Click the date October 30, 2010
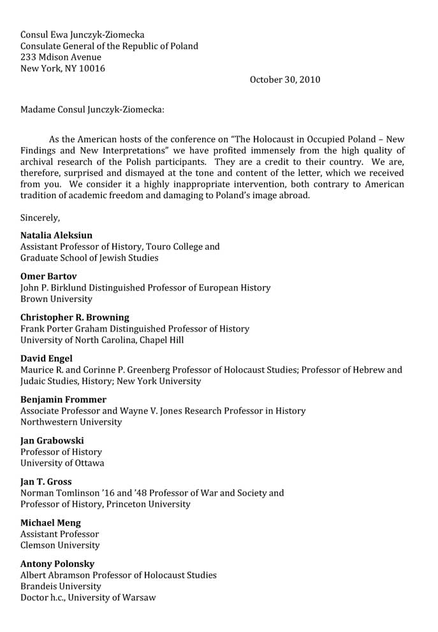click(x=285, y=80)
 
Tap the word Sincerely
click(x=40, y=217)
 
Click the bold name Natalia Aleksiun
click(x=56, y=235)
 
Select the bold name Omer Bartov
click(x=48, y=276)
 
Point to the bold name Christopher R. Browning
click(x=75, y=317)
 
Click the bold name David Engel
click(x=47, y=358)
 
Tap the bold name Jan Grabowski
click(x=52, y=440)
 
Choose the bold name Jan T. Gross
click(x=46, y=482)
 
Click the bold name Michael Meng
click(x=50, y=523)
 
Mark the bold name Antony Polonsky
click(x=57, y=564)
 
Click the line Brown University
click(x=56, y=299)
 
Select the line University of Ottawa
click(x=62, y=463)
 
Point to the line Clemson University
click(x=60, y=545)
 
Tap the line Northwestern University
click(x=71, y=422)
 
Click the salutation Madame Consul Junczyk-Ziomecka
click(x=92, y=110)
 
